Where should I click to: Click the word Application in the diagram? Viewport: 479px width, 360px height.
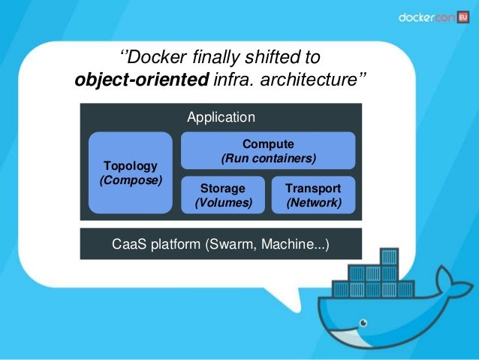(221, 117)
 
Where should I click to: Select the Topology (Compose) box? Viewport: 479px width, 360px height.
(130, 173)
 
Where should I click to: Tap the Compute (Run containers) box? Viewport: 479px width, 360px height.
(268, 151)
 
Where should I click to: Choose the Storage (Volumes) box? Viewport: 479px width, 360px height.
(223, 195)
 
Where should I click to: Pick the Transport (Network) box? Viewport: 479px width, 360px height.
(313, 195)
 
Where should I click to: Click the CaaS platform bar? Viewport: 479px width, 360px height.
(221, 244)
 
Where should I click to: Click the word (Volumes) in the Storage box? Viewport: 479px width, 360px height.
(223, 203)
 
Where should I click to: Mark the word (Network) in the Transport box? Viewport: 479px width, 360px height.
(313, 203)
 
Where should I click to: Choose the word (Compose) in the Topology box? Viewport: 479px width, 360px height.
(130, 180)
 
